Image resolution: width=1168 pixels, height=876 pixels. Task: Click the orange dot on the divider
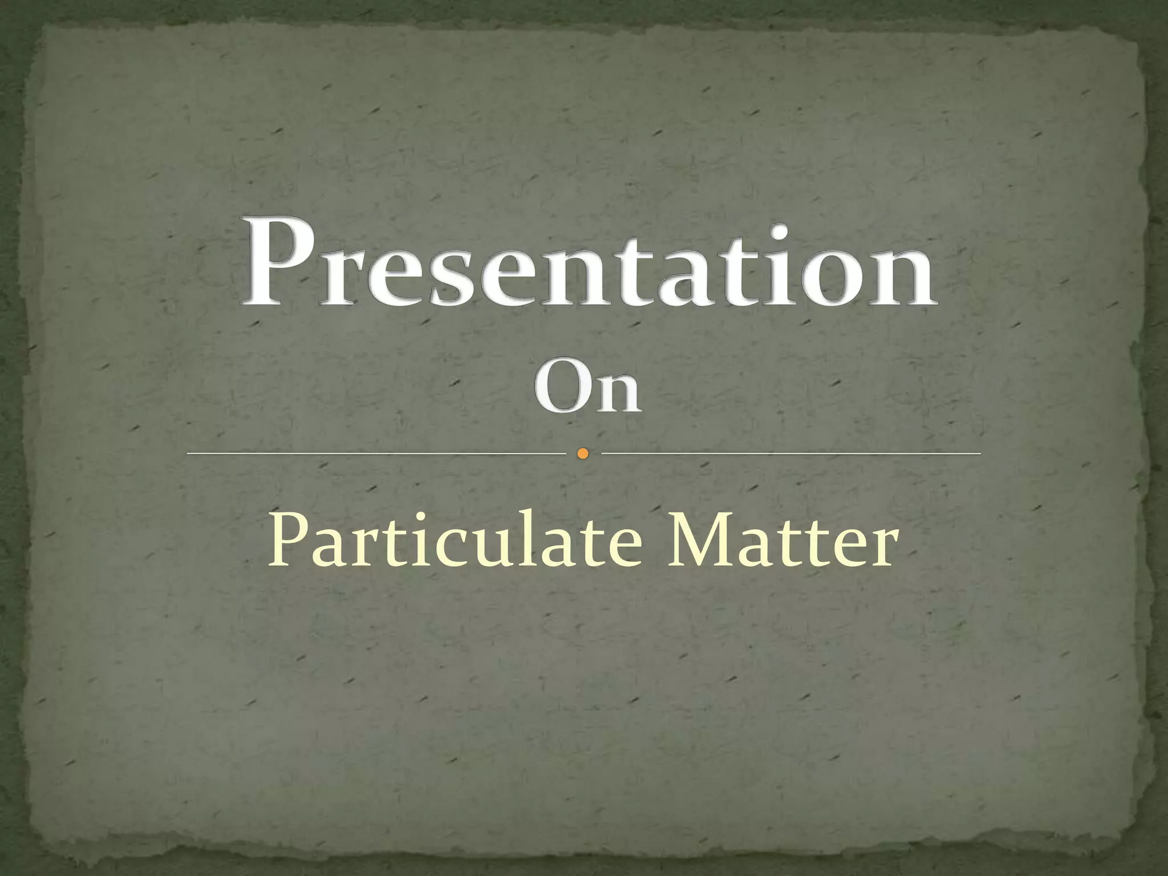click(x=582, y=453)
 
